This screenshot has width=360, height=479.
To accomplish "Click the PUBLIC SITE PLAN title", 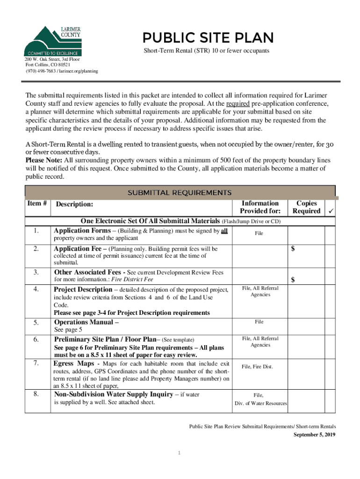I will [209, 38].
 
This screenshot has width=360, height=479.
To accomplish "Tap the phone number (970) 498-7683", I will [41, 71].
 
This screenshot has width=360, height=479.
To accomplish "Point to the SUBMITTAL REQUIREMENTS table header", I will [180, 192].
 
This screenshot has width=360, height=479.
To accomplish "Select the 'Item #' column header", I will [37, 203].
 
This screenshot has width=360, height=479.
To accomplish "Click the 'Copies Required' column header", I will [306, 207].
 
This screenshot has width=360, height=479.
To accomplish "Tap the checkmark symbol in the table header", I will [330, 211].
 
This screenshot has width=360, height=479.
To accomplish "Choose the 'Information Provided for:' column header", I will [260, 207].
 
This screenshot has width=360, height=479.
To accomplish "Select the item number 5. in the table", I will [36, 322].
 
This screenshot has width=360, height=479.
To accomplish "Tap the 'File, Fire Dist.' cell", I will [257, 367].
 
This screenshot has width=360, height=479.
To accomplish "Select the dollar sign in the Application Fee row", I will [293, 249].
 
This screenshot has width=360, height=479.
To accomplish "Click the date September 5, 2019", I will [314, 435].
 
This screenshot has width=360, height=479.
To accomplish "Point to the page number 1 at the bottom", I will [179, 453].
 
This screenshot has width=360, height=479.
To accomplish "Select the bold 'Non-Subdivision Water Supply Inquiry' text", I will [114, 394].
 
